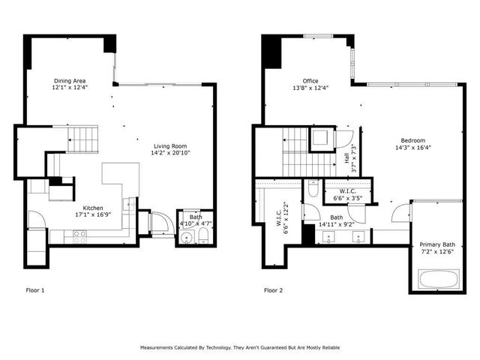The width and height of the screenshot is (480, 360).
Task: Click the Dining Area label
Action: [67, 81]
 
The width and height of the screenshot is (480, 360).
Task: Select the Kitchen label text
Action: [93, 208]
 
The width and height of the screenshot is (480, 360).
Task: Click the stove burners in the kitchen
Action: [79, 235]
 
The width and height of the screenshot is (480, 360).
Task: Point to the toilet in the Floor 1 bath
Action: [203, 238]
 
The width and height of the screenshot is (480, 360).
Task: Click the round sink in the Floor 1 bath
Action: [186, 239]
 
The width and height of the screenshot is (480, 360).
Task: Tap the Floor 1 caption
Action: [34, 289]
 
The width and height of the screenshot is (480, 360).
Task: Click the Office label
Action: [310, 81]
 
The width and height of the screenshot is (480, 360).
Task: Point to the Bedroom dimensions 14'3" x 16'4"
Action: [412, 148]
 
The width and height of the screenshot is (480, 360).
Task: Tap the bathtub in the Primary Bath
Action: [436, 280]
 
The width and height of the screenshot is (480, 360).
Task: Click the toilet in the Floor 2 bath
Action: [313, 189]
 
